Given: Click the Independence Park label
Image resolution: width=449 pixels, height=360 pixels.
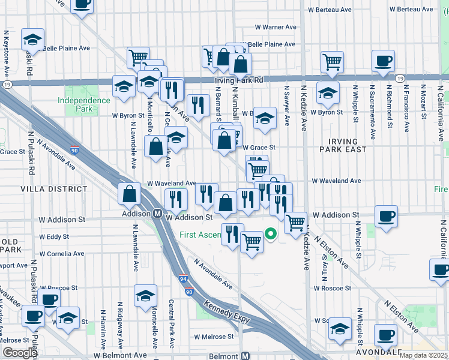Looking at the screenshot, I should pyautogui.click(x=76, y=104).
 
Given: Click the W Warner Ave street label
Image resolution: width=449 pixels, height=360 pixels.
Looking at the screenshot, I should pyautogui.click(x=276, y=27).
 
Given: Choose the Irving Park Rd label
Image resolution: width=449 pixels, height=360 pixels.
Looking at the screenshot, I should pyautogui.click(x=239, y=80).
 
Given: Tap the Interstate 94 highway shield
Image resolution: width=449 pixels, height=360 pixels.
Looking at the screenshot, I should pyautogui.click(x=183, y=280).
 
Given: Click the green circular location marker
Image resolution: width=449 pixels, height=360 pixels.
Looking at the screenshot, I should pyautogui.click(x=270, y=234).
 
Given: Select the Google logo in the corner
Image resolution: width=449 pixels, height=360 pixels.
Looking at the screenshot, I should pyautogui.click(x=19, y=353).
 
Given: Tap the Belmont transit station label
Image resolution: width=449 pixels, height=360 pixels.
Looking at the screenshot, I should pyautogui.click(x=228, y=356).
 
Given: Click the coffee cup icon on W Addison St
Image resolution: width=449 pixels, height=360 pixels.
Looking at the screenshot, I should pyautogui.click(x=385, y=217).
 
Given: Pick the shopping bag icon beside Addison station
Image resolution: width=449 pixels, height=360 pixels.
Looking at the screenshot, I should pyautogui.click(x=129, y=194).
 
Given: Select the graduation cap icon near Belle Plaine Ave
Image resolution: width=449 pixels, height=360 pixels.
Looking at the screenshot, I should pyautogui.click(x=32, y=40).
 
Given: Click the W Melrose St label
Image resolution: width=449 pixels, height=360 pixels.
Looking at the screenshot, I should pyautogui.click(x=209, y=337).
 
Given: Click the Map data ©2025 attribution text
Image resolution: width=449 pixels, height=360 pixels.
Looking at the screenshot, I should pyautogui.click(x=424, y=355).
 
